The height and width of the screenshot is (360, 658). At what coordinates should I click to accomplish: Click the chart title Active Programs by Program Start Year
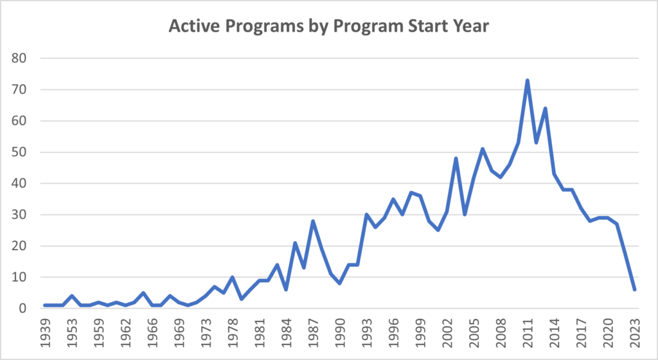tap(329, 27)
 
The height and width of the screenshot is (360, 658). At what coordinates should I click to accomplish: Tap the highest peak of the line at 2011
tap(528, 80)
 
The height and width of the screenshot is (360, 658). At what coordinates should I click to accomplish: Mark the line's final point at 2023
tap(635, 290)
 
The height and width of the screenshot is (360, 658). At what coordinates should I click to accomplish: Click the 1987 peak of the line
tap(313, 221)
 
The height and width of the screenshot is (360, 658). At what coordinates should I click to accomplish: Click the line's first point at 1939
tap(45, 305)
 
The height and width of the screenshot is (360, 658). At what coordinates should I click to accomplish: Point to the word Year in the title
tap(471, 27)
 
